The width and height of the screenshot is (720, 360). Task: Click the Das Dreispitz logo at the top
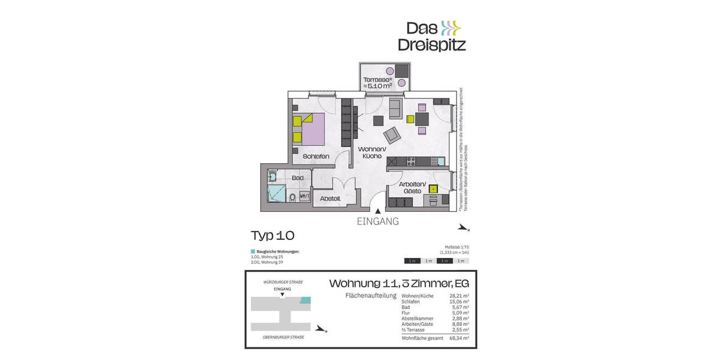(x=431, y=36)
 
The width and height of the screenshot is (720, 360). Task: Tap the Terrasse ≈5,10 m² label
(x=377, y=83)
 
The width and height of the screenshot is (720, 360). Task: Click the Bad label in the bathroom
(x=297, y=178)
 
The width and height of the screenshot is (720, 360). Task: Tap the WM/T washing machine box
(x=304, y=196)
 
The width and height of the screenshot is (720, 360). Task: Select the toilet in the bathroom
(x=292, y=197)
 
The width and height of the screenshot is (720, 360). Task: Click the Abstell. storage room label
(x=330, y=199)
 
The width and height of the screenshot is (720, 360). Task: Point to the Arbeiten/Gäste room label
(x=412, y=187)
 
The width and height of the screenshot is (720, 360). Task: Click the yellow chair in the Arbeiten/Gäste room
(x=433, y=188)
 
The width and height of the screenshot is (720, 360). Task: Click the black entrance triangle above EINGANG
(x=377, y=210)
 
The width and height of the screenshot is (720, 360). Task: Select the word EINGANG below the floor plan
(x=377, y=221)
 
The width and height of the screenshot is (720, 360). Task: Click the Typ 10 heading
(x=272, y=235)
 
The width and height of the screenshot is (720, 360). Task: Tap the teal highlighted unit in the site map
(x=305, y=300)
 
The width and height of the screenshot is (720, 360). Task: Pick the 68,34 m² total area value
(x=458, y=338)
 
